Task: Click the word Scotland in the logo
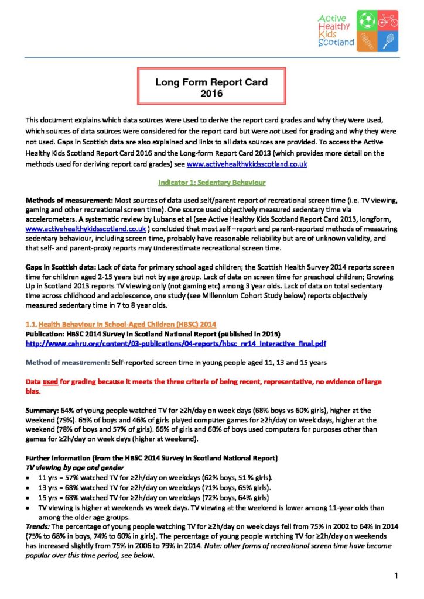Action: click(x=336, y=43)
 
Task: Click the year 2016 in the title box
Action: click(x=211, y=93)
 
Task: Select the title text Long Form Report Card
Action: click(x=211, y=82)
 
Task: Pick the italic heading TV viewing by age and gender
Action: click(x=74, y=468)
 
